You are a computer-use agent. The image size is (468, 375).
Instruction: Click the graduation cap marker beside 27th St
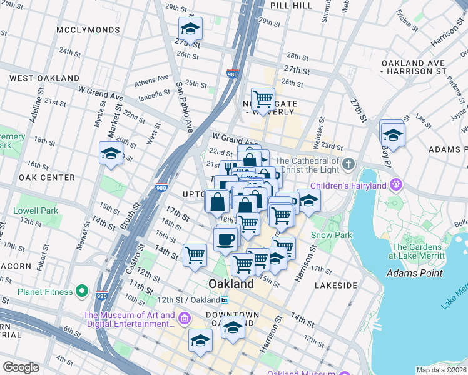[x=190, y=28]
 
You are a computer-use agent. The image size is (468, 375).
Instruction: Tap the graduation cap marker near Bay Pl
[x=392, y=133]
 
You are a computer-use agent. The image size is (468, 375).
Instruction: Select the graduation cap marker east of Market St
[x=111, y=154]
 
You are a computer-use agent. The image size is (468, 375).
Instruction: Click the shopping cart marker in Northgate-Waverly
[x=263, y=98]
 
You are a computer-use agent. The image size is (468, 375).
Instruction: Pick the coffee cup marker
[x=225, y=238]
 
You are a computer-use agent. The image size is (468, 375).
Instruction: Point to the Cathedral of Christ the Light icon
[x=349, y=165]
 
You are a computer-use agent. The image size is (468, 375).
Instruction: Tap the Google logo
[x=21, y=367]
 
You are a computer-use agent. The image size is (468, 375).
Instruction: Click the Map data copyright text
[x=441, y=370]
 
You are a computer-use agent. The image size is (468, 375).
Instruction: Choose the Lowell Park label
[x=36, y=211]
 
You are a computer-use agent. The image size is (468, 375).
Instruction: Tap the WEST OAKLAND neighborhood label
[x=44, y=78]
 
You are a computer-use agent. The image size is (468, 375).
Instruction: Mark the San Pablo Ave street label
[x=184, y=106]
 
